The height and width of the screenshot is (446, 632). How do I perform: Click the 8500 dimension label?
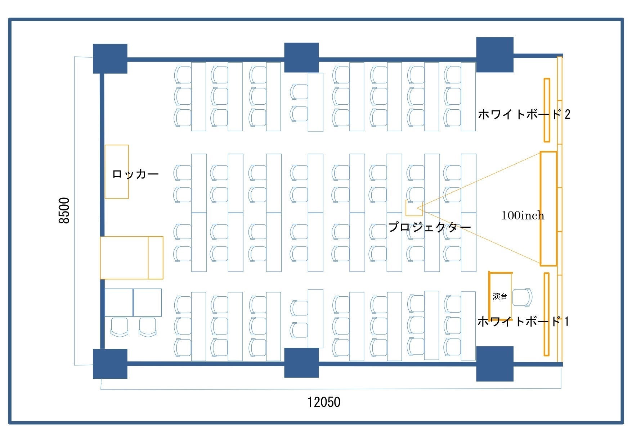point(64,210)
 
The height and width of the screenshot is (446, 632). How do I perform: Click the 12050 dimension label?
point(324,402)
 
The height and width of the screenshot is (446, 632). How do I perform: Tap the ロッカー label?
point(135,174)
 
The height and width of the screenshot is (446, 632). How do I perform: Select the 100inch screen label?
point(523,215)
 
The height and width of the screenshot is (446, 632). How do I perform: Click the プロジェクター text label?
point(430,227)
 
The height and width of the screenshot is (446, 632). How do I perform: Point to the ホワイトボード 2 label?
point(524,114)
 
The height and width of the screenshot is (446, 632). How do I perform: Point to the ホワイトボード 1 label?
point(523,321)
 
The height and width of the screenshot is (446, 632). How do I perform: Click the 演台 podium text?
point(500,296)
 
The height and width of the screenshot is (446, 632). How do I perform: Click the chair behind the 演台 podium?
point(522,297)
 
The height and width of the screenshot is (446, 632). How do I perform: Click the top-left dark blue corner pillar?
point(110,59)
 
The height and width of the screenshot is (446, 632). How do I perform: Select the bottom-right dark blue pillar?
point(495,364)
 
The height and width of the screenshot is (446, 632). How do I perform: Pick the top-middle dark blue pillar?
point(301,58)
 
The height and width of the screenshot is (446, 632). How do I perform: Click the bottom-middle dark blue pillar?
point(301,363)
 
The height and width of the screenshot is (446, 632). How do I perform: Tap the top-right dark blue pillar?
point(495,55)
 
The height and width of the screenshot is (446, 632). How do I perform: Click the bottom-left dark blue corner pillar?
point(110,364)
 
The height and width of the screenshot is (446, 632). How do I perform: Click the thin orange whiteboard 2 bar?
point(547,110)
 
